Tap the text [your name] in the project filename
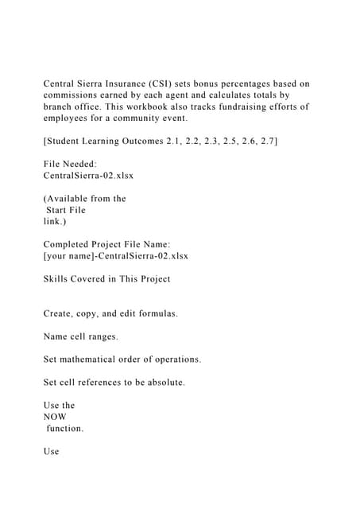click(x=72, y=255)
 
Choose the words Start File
click(x=66, y=210)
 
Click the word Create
click(x=59, y=313)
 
